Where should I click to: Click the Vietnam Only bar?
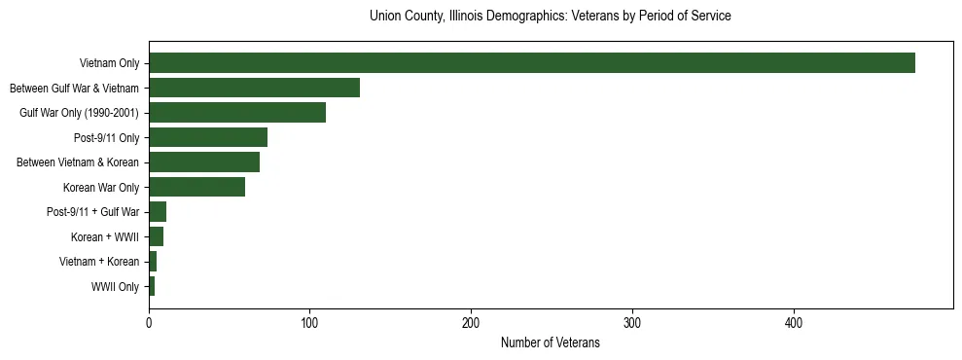tap(532, 63)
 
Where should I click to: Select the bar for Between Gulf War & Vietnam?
tap(254, 88)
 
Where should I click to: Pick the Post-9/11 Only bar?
tap(208, 137)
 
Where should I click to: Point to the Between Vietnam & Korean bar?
tap(204, 162)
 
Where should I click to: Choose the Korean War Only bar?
tap(196, 187)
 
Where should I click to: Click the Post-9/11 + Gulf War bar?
tap(158, 212)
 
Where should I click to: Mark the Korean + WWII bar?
tap(156, 236)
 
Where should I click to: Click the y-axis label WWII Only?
tap(115, 287)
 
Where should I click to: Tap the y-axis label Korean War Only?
tap(101, 188)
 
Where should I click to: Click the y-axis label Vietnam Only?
tap(109, 63)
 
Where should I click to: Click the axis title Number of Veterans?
tap(550, 342)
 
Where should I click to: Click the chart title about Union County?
tap(550, 17)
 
